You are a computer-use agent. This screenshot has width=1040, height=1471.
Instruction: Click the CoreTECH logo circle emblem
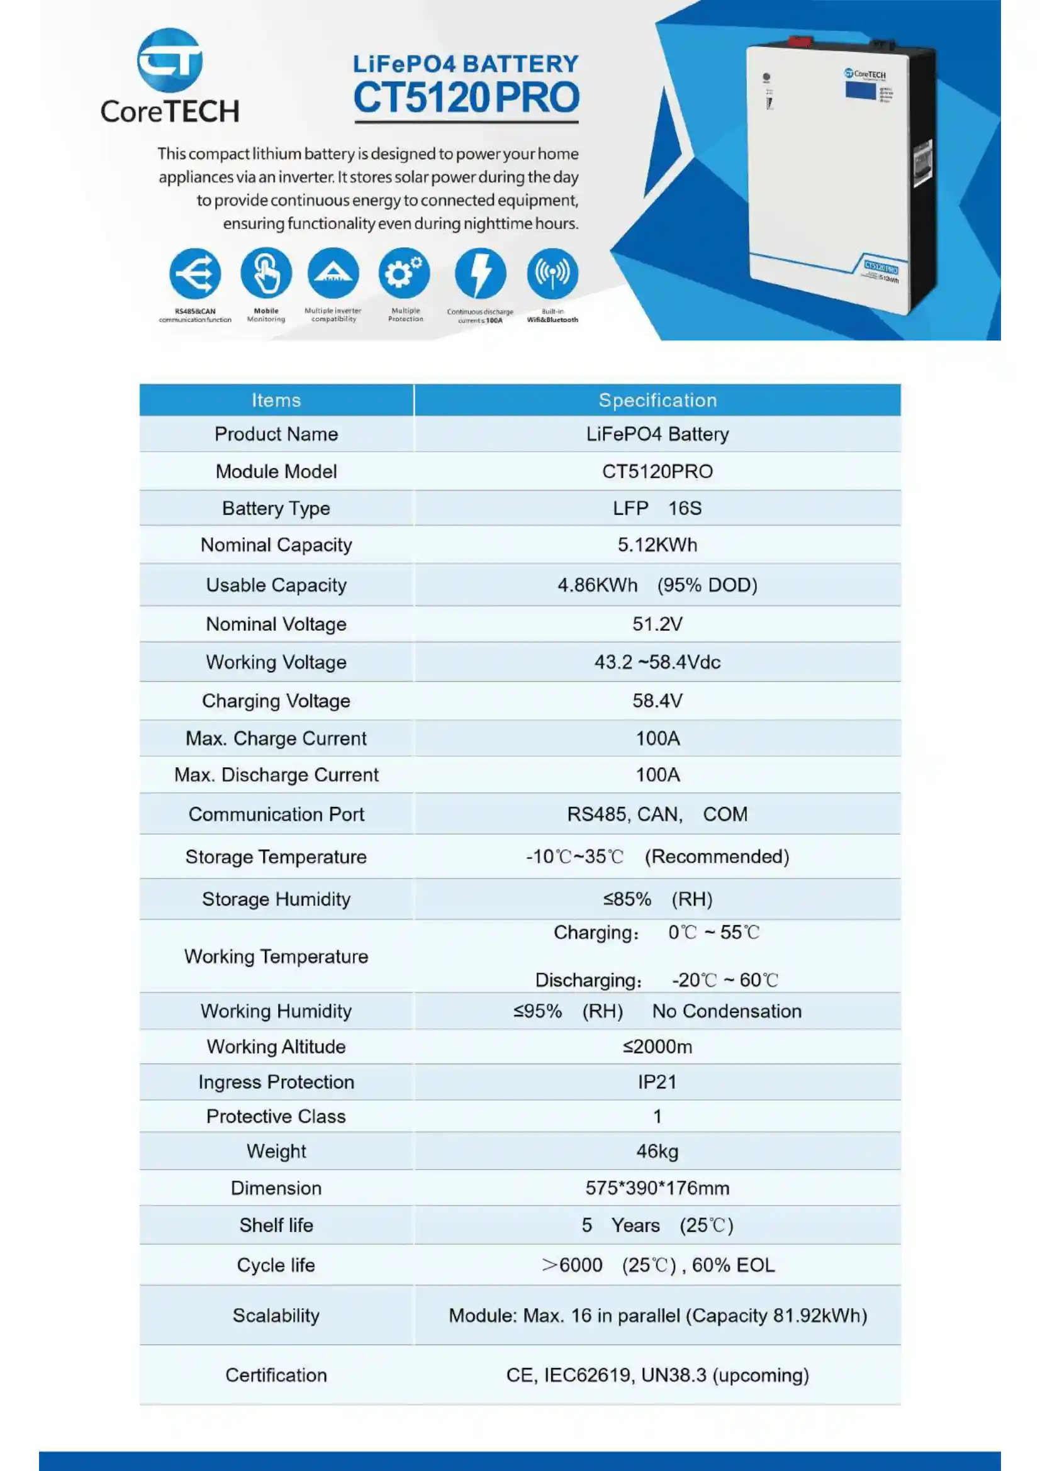[x=170, y=60]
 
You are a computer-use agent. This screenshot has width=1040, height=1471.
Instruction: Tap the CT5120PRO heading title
[x=466, y=97]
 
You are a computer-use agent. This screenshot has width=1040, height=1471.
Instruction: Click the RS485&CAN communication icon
[x=195, y=274]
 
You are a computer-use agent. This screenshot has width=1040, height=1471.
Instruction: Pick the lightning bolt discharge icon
[x=480, y=274]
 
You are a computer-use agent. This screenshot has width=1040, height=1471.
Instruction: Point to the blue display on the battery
[x=860, y=90]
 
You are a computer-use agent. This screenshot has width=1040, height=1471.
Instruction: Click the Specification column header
[x=657, y=401]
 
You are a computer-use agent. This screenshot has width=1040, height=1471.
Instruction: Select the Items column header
[x=276, y=401]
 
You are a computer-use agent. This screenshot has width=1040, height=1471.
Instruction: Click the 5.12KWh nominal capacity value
[x=657, y=545]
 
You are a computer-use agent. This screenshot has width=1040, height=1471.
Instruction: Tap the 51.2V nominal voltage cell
[x=657, y=624]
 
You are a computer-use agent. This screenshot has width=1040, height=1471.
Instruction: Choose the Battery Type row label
[x=276, y=509]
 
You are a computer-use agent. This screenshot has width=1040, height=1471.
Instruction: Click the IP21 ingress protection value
[x=657, y=1082]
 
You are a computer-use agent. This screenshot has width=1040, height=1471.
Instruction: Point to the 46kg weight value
[x=657, y=1152]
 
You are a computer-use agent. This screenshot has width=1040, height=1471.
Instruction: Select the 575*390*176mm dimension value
[x=657, y=1189]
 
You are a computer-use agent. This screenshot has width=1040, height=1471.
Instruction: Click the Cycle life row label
[x=276, y=1265]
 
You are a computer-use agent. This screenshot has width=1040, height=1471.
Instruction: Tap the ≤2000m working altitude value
[x=657, y=1047]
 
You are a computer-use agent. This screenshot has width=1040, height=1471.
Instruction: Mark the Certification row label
[x=276, y=1375]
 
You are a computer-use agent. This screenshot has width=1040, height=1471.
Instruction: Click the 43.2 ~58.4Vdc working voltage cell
[x=657, y=662]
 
